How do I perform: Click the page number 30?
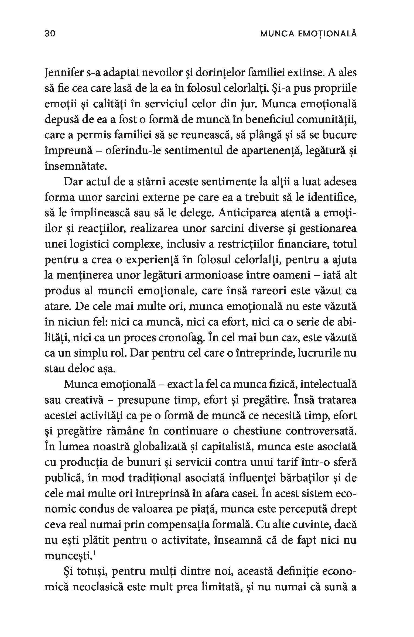pyautogui.click(x=50, y=34)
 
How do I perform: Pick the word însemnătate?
pyautogui.click(x=76, y=166)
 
